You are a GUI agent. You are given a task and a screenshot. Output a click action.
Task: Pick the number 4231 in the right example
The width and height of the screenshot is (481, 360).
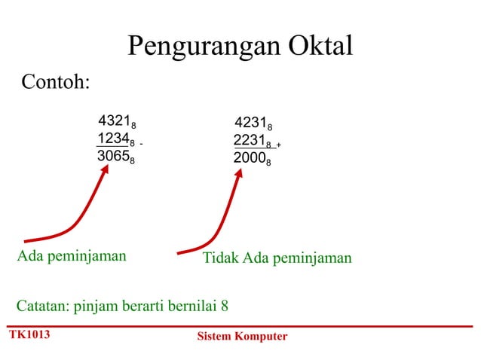point(250,123)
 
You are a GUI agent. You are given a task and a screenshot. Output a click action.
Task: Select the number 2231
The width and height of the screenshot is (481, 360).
point(249,141)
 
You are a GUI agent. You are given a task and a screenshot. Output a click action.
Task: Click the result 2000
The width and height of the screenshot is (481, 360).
point(249,159)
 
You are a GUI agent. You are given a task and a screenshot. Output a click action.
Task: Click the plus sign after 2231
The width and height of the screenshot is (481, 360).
point(278,145)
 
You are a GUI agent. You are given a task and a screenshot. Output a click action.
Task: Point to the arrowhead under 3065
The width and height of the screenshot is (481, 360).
point(106,170)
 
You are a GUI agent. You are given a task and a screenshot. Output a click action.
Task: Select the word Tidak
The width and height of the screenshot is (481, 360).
point(220,258)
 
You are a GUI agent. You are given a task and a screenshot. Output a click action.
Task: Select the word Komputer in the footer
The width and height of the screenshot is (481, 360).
point(261,336)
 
